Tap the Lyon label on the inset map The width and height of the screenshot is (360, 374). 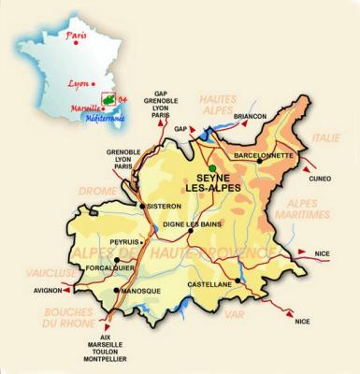click(79, 82)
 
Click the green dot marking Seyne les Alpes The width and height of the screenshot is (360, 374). click(212, 167)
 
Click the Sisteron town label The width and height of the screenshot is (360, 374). click(164, 207)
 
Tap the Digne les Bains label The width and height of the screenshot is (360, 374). click(193, 224)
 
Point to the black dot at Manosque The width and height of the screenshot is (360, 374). click(115, 290)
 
